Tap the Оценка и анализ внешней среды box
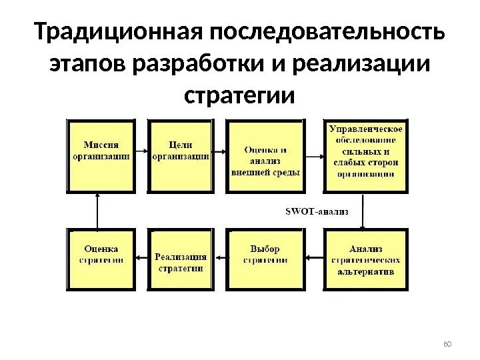(x=265, y=157)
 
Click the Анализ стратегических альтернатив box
(x=365, y=259)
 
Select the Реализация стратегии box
(x=181, y=259)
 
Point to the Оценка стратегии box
(x=101, y=259)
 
